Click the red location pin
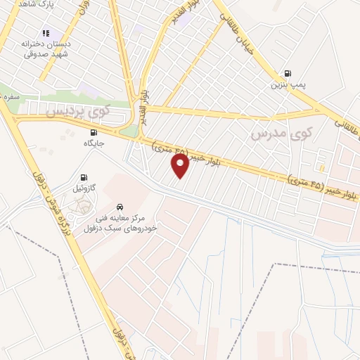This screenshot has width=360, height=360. (x=181, y=165)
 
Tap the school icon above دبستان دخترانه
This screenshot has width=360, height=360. (x=46, y=32)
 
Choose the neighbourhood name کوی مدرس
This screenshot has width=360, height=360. (x=281, y=132)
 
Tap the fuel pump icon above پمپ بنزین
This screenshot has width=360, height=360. (x=287, y=73)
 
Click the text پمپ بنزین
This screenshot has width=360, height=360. (x=287, y=86)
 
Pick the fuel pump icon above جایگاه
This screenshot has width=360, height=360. (x=93, y=131)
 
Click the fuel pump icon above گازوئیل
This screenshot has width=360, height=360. (x=85, y=177)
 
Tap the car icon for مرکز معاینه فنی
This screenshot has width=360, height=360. (x=121, y=207)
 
